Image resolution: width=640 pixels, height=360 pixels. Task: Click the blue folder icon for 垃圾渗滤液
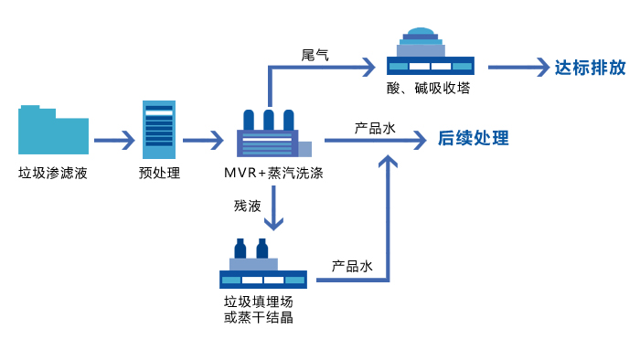tap(54, 130)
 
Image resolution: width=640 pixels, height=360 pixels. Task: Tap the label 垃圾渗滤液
tap(53, 172)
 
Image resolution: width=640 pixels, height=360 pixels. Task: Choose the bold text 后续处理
tap(473, 140)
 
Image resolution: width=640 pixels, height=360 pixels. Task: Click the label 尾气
tap(315, 55)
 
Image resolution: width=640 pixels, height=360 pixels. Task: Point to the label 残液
tap(247, 206)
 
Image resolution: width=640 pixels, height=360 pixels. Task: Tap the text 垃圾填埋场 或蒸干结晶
tap(259, 309)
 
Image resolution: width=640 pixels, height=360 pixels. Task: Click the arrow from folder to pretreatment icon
tap(113, 140)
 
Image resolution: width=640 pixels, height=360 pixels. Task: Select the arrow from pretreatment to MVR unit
tap(203, 140)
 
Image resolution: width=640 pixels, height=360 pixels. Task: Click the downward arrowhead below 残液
tap(272, 224)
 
